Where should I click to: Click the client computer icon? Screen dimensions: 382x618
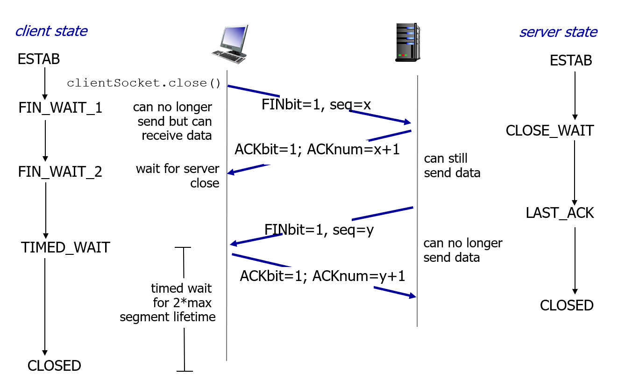pyautogui.click(x=230, y=44)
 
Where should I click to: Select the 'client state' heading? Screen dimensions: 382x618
pyautogui.click(x=51, y=31)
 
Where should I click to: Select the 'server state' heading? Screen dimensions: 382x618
pyautogui.click(x=558, y=32)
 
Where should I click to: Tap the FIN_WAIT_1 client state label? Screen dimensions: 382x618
pyautogui.click(x=60, y=108)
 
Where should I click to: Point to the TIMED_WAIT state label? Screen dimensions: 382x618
pyautogui.click(x=65, y=247)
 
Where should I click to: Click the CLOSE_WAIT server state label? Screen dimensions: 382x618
pyautogui.click(x=550, y=130)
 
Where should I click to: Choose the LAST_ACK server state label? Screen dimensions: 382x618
pyautogui.click(x=560, y=213)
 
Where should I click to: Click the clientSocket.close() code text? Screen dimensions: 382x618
pyautogui.click(x=143, y=83)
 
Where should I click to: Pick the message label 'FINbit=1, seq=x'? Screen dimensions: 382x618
pyautogui.click(x=316, y=105)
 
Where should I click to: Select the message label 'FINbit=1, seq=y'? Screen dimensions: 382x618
pyautogui.click(x=319, y=230)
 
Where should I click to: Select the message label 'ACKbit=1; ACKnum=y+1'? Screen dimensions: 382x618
pyautogui.click(x=322, y=276)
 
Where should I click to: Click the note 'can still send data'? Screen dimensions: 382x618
pyautogui.click(x=452, y=166)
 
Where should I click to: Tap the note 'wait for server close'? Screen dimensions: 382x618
pyautogui.click(x=178, y=175)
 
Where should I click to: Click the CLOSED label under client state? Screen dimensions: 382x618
pyautogui.click(x=54, y=366)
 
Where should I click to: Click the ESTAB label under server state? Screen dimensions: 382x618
pyautogui.click(x=571, y=60)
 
